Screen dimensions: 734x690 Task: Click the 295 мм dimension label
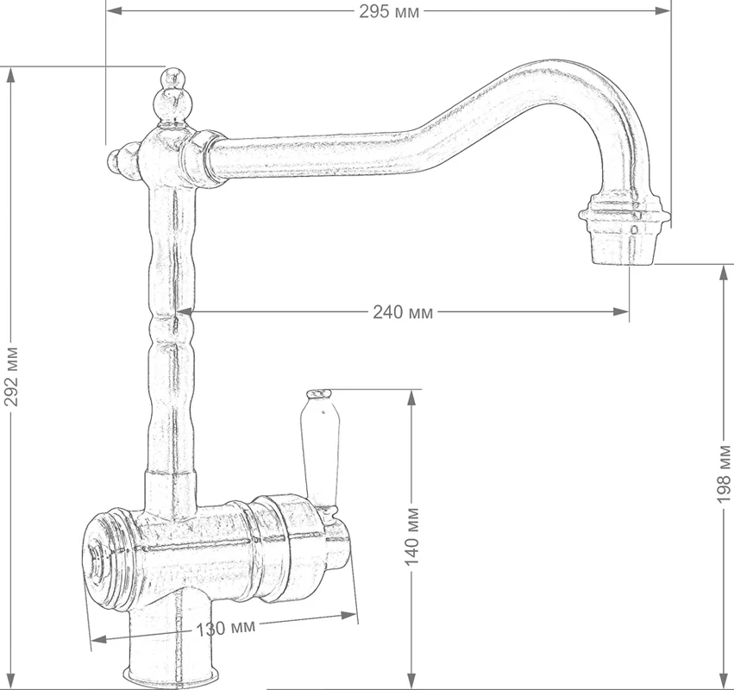pos(389,11)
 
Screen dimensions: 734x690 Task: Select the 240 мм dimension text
pos(403,311)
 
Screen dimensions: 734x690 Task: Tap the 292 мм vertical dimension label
pos(10,376)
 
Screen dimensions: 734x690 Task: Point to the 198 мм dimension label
pos(724,474)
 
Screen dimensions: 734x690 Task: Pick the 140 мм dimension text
pos(411,536)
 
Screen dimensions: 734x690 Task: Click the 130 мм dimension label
pos(226,628)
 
